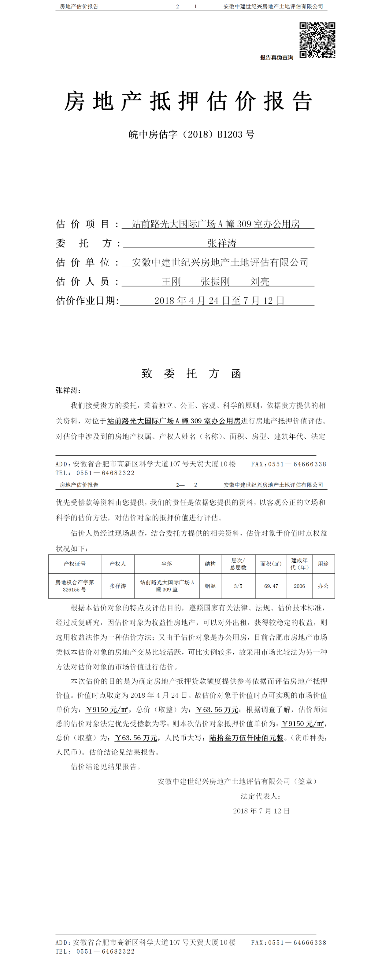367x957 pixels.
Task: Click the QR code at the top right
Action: point(317,40)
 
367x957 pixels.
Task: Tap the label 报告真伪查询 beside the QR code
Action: point(276,58)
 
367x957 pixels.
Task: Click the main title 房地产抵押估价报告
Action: point(188,101)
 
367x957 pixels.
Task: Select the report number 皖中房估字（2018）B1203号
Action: point(191,134)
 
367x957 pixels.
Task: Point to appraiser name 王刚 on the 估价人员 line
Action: point(171,281)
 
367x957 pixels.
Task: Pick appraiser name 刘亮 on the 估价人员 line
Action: point(260,281)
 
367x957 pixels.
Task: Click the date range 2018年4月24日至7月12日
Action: point(219,301)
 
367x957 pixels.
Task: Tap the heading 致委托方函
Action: point(191,373)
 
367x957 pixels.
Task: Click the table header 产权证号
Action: point(74,564)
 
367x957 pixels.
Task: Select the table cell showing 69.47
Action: point(271,586)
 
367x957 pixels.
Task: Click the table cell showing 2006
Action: point(299,586)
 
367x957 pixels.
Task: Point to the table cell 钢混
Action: point(210,586)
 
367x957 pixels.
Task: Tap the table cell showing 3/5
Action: point(238,586)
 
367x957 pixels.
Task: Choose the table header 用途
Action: point(323,564)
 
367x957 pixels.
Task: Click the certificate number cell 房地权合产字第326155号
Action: point(74,586)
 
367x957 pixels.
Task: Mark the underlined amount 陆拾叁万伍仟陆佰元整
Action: point(246,737)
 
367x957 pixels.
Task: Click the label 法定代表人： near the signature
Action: point(260,796)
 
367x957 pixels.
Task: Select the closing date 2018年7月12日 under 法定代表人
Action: point(261,811)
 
